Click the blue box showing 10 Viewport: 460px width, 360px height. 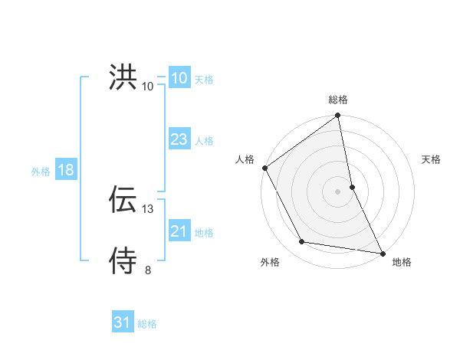tap(179, 78)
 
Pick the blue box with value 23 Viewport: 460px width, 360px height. tap(179, 139)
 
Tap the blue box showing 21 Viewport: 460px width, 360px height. tap(179, 231)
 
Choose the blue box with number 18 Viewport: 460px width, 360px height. tap(65, 170)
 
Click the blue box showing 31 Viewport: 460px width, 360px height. tap(122, 323)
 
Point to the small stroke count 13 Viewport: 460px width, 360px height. tap(149, 208)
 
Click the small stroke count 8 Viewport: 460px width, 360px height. tap(148, 270)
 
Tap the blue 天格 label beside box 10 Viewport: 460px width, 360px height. tap(204, 79)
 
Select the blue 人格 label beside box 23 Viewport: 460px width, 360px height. tap(204, 140)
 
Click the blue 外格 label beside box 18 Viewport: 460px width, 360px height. tap(41, 171)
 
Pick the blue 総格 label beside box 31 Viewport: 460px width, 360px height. tap(147, 324)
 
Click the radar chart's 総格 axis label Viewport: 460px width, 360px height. tap(338, 100)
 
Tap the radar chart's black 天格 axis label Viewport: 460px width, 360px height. tap(432, 159)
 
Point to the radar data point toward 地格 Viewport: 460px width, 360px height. tap(382, 253)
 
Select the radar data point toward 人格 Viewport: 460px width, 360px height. tap(264, 167)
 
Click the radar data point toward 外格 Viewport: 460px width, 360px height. tap(302, 242)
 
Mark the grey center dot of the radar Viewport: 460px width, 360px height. tap(338, 191)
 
